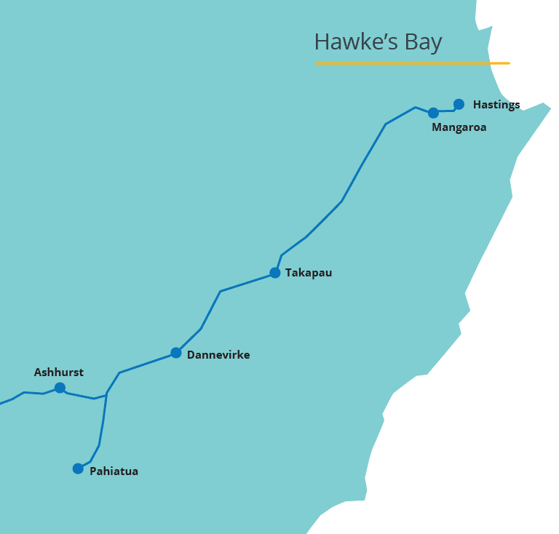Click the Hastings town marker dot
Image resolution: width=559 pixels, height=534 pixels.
point(459,104)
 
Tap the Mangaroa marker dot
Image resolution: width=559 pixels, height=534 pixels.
point(433,113)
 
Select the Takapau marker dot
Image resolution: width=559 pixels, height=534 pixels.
point(274,273)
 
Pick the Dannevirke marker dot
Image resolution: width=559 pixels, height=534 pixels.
point(175,353)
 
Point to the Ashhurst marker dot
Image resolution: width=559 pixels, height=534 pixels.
point(60,388)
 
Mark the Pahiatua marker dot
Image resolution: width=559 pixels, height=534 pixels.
point(78,469)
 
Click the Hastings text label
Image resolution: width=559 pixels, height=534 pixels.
point(496,105)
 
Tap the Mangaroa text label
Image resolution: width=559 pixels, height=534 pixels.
point(459,127)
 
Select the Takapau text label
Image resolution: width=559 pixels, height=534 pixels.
point(309,273)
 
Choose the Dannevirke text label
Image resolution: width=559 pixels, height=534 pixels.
point(218,355)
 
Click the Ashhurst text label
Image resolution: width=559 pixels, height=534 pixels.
point(59,372)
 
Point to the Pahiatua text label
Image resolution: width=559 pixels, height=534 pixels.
point(114,471)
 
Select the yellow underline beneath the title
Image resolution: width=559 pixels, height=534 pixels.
point(412,63)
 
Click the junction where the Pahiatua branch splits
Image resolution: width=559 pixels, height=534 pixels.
point(106,394)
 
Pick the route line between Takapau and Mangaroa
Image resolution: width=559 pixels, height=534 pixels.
point(341,201)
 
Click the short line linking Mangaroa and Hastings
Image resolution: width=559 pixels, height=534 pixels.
point(446,111)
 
